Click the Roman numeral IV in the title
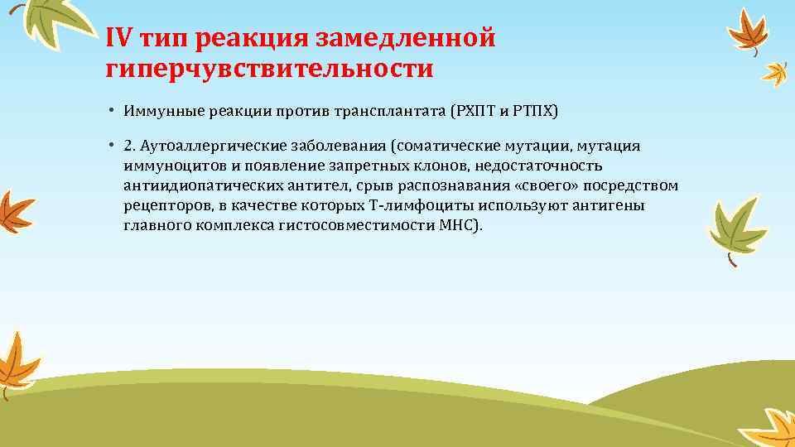pyautogui.click(x=118, y=38)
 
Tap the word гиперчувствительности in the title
pyautogui.click(x=269, y=68)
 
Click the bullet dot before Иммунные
pyautogui.click(x=110, y=110)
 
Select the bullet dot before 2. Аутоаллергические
pyautogui.click(x=110, y=146)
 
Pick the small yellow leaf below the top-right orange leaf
pyautogui.click(x=775, y=74)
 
